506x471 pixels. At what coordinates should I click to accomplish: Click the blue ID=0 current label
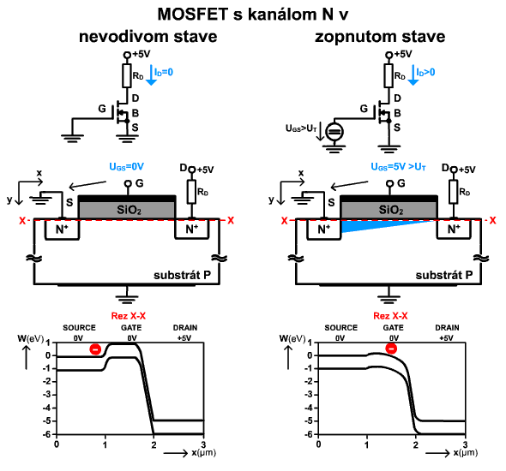(x=164, y=72)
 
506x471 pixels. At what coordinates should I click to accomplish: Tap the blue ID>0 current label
(x=425, y=72)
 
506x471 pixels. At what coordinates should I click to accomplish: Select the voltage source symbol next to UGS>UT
(x=334, y=131)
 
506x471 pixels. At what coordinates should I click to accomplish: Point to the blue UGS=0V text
(x=127, y=166)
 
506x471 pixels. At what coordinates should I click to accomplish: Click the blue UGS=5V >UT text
(x=399, y=166)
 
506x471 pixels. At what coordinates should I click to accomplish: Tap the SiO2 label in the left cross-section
(x=129, y=210)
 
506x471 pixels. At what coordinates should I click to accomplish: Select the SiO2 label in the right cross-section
(x=391, y=210)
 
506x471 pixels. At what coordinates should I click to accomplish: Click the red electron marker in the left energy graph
(x=95, y=349)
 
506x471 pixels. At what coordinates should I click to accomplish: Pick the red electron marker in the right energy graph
(x=391, y=349)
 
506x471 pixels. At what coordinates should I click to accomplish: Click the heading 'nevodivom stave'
(x=148, y=37)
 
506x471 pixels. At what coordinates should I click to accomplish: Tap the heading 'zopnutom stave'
(x=380, y=37)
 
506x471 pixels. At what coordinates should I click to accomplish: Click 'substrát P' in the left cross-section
(x=182, y=275)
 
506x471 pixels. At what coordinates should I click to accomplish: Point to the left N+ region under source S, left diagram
(x=62, y=230)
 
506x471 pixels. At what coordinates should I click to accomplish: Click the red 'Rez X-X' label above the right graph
(x=390, y=316)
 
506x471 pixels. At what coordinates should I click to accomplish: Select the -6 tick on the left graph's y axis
(x=47, y=434)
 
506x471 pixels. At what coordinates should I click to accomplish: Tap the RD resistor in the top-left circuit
(x=127, y=75)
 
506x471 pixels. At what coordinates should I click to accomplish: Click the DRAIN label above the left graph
(x=185, y=328)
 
